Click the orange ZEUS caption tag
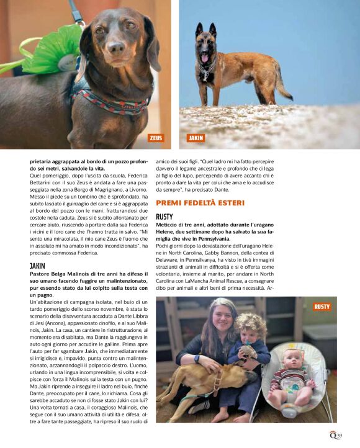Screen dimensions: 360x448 [156, 138]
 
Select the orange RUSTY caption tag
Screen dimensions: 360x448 [322, 307]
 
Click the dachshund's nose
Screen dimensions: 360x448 [115, 48]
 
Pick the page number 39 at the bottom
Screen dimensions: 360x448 [340, 434]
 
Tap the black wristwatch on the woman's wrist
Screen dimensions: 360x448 [197, 359]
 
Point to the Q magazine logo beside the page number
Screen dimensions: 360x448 [332, 434]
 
